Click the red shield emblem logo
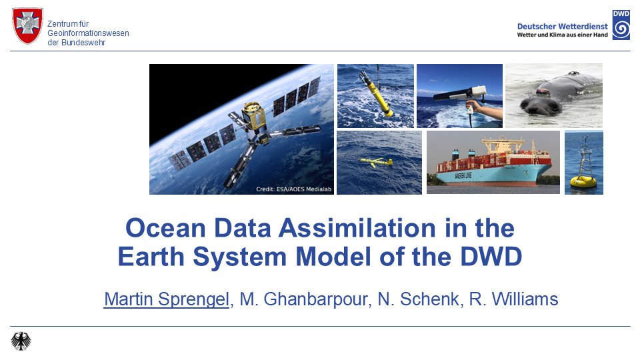pyautogui.click(x=28, y=25)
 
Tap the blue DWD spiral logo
pyautogui.click(x=621, y=25)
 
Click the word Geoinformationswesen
pyautogui.click(x=88, y=33)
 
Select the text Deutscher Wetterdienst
pyautogui.click(x=562, y=26)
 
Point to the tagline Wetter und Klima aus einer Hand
pyautogui.click(x=562, y=35)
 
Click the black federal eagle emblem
pyautogui.click(x=21, y=341)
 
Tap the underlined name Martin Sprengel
pyautogui.click(x=167, y=299)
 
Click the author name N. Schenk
pyautogui.click(x=419, y=299)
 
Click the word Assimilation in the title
pyautogui.click(x=357, y=228)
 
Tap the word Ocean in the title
pyautogui.click(x=165, y=228)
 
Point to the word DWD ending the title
pyautogui.click(x=491, y=257)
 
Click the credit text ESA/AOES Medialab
pyautogui.click(x=304, y=189)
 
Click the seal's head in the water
pyautogui.click(x=539, y=106)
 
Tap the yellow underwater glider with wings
pyautogui.click(x=375, y=162)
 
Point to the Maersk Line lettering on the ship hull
pyautogui.click(x=463, y=176)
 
